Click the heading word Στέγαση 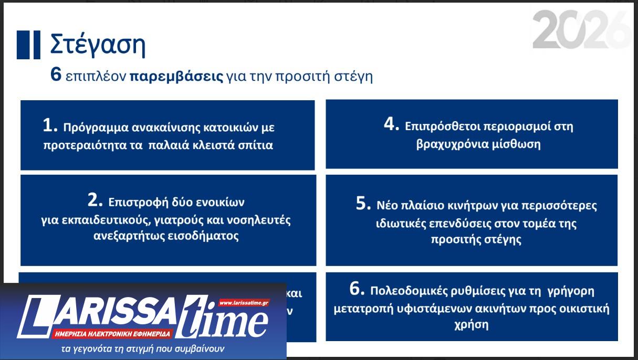coord(98,45)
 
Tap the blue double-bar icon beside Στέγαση coord(28,45)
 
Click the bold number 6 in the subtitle coord(56,76)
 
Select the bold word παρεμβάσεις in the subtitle coord(176,77)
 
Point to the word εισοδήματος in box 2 coord(200,236)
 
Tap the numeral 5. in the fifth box coord(364,204)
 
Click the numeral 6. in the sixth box coord(357,289)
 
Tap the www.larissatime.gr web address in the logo coord(244,303)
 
